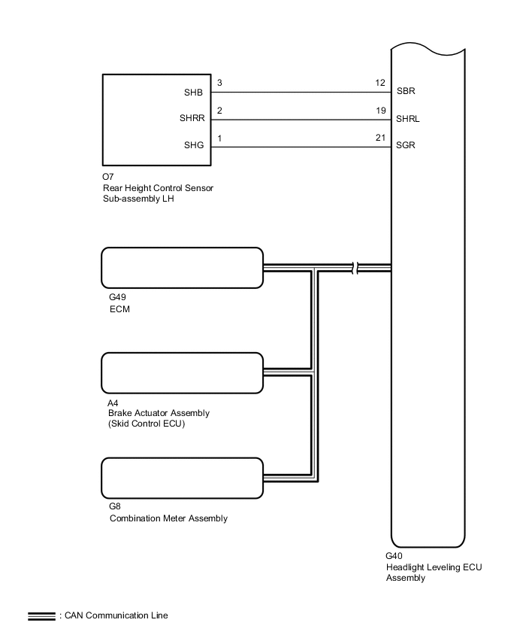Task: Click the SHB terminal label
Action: [193, 93]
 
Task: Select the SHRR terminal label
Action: [191, 119]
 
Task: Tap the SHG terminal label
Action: [193, 146]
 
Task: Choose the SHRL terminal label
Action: [408, 119]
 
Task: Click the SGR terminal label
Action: [407, 146]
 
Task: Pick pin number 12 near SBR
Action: [379, 84]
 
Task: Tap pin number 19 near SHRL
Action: [379, 111]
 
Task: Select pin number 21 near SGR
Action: [379, 138]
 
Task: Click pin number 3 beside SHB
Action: [219, 84]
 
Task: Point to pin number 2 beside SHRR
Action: [219, 111]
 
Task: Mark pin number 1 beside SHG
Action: [219, 138]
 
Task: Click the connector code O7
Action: [107, 178]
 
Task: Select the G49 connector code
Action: [117, 297]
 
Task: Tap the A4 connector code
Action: [113, 403]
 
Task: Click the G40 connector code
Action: [395, 557]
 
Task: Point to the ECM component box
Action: [182, 268]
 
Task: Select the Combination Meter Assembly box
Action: [182, 478]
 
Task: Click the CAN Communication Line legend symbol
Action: [41, 615]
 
